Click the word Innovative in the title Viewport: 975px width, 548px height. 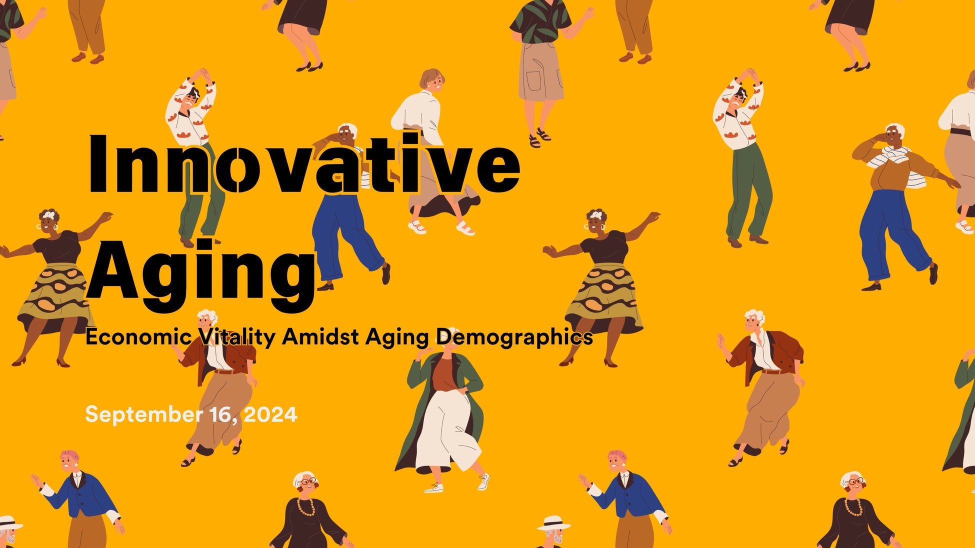[304, 163]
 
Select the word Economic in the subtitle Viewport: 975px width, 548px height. [138, 337]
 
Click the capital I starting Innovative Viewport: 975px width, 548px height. [97, 163]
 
